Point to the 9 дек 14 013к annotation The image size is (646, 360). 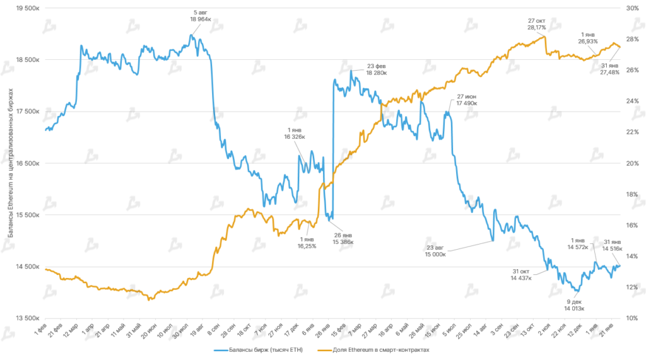(x=574, y=305)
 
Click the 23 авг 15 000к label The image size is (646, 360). (x=435, y=251)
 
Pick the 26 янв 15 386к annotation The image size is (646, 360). (x=343, y=238)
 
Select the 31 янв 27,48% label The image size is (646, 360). (x=609, y=69)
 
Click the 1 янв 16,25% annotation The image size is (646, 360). (x=307, y=243)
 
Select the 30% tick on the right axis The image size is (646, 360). (x=632, y=8)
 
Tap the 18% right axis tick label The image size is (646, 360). (x=632, y=194)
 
